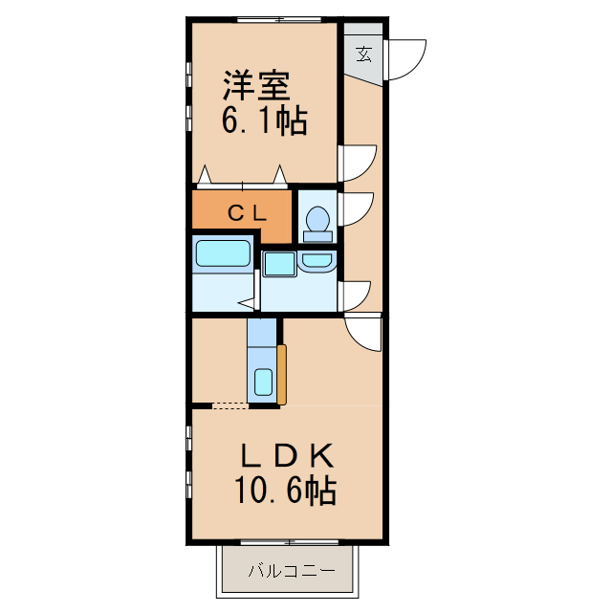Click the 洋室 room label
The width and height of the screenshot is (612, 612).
pyautogui.click(x=256, y=87)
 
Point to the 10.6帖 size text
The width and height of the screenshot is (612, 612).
pyautogui.click(x=284, y=491)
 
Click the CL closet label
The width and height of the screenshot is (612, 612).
pyautogui.click(x=247, y=212)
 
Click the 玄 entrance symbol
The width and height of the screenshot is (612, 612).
pyautogui.click(x=364, y=54)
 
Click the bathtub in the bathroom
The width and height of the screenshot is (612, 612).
pyautogui.click(x=223, y=255)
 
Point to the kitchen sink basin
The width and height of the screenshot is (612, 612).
pyautogui.click(x=264, y=382)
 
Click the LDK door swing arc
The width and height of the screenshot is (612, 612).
pyautogui.click(x=362, y=334)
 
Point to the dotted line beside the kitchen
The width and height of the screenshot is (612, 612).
pyautogui.click(x=229, y=405)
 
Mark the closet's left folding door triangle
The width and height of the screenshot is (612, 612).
pyautogui.click(x=205, y=175)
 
